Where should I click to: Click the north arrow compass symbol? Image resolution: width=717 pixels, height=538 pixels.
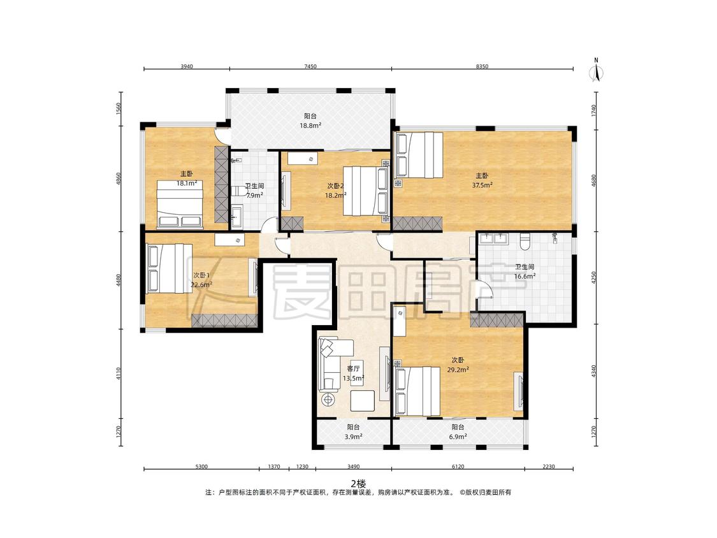click(x=596, y=71)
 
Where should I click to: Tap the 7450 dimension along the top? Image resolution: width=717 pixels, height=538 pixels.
click(x=310, y=66)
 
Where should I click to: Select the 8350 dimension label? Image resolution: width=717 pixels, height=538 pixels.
click(x=482, y=66)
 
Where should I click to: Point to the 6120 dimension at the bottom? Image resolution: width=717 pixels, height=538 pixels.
click(x=458, y=467)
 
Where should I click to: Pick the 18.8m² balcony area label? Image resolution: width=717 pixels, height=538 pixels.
click(x=310, y=125)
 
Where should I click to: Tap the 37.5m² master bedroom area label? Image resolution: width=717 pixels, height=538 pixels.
click(x=482, y=185)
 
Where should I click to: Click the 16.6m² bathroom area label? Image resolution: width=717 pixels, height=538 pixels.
click(x=525, y=276)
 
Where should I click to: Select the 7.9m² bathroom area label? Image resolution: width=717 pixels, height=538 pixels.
click(x=254, y=195)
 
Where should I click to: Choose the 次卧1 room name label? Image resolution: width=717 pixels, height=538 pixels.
click(x=201, y=275)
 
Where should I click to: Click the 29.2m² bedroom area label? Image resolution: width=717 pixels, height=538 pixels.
click(x=458, y=370)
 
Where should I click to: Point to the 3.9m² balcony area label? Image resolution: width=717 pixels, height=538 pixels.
click(x=353, y=437)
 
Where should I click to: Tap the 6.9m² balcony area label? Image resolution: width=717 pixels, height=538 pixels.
click(x=458, y=437)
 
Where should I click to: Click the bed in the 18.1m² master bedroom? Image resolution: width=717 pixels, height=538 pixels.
click(x=180, y=204)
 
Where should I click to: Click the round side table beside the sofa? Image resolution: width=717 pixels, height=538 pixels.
click(x=328, y=400)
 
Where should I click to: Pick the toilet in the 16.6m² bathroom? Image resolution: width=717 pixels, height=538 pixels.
click(x=525, y=240)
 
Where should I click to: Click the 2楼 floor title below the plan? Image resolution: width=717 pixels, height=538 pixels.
click(x=358, y=484)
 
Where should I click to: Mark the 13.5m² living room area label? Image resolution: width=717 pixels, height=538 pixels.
click(x=354, y=379)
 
